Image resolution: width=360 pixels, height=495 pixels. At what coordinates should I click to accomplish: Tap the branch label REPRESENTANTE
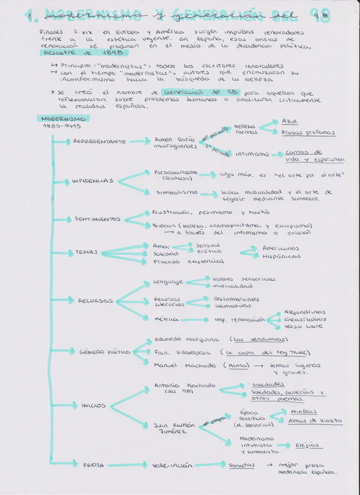point(99,141)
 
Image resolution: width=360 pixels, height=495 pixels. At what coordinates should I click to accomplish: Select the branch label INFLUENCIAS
point(92,181)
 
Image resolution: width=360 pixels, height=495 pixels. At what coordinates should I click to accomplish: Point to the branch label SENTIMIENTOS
point(97,219)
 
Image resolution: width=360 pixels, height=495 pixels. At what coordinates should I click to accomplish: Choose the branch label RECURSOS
point(95,301)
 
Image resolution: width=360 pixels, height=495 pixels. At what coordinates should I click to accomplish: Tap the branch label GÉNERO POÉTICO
point(105,351)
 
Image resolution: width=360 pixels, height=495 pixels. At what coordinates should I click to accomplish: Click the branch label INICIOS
point(93,405)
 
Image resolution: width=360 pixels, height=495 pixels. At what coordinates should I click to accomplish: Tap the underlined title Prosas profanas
point(308,133)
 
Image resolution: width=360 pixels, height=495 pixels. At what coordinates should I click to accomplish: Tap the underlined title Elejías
point(307,445)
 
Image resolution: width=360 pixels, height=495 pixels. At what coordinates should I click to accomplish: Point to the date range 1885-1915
point(61,126)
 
